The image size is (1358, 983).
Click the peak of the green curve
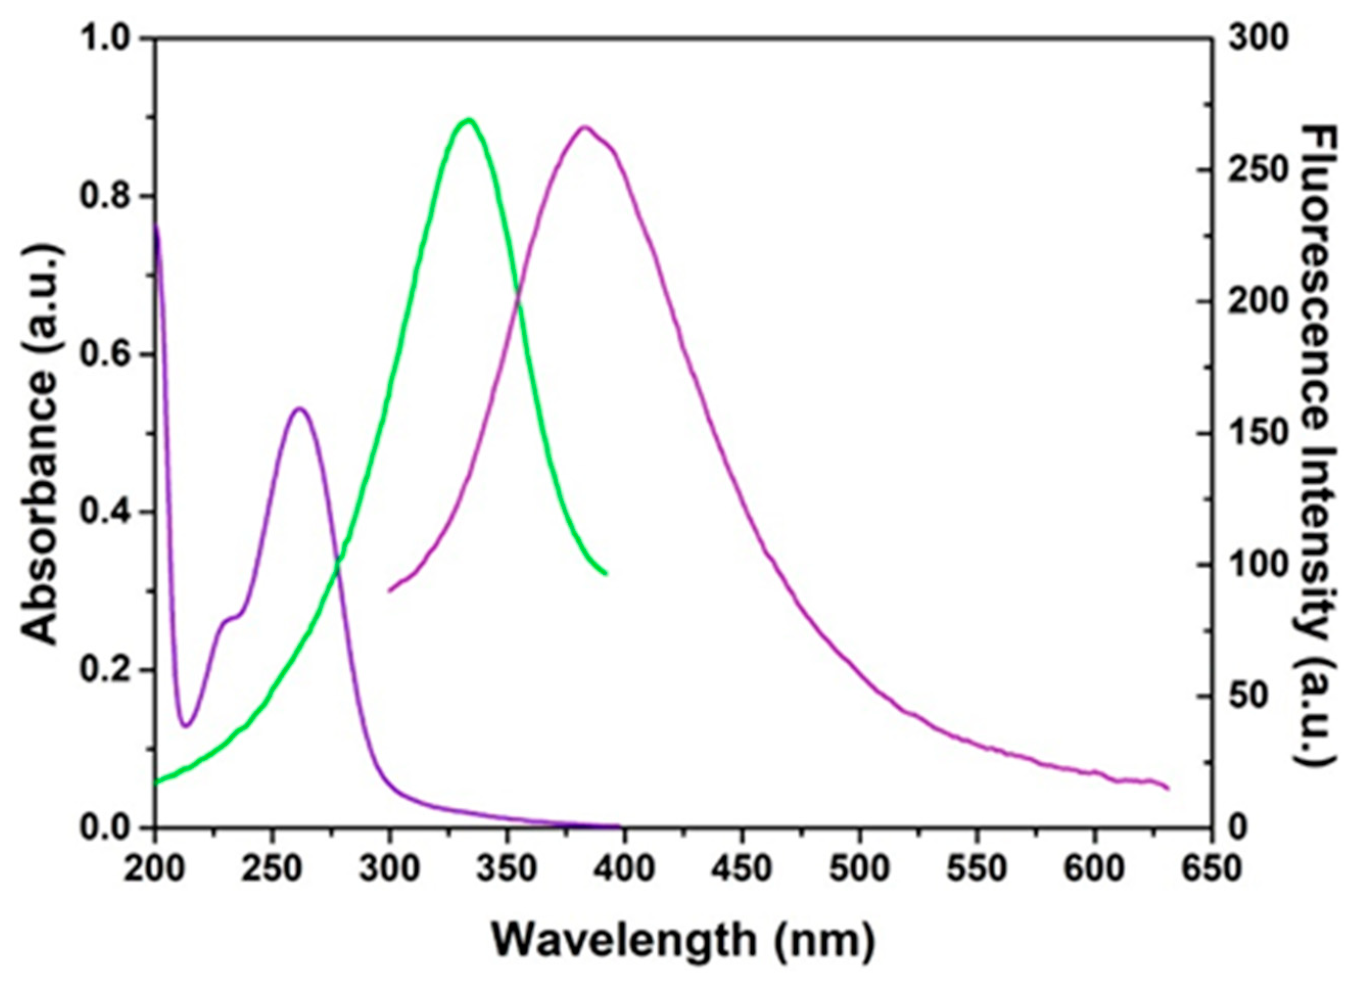(469, 120)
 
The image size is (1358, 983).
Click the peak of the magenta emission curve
(585, 128)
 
